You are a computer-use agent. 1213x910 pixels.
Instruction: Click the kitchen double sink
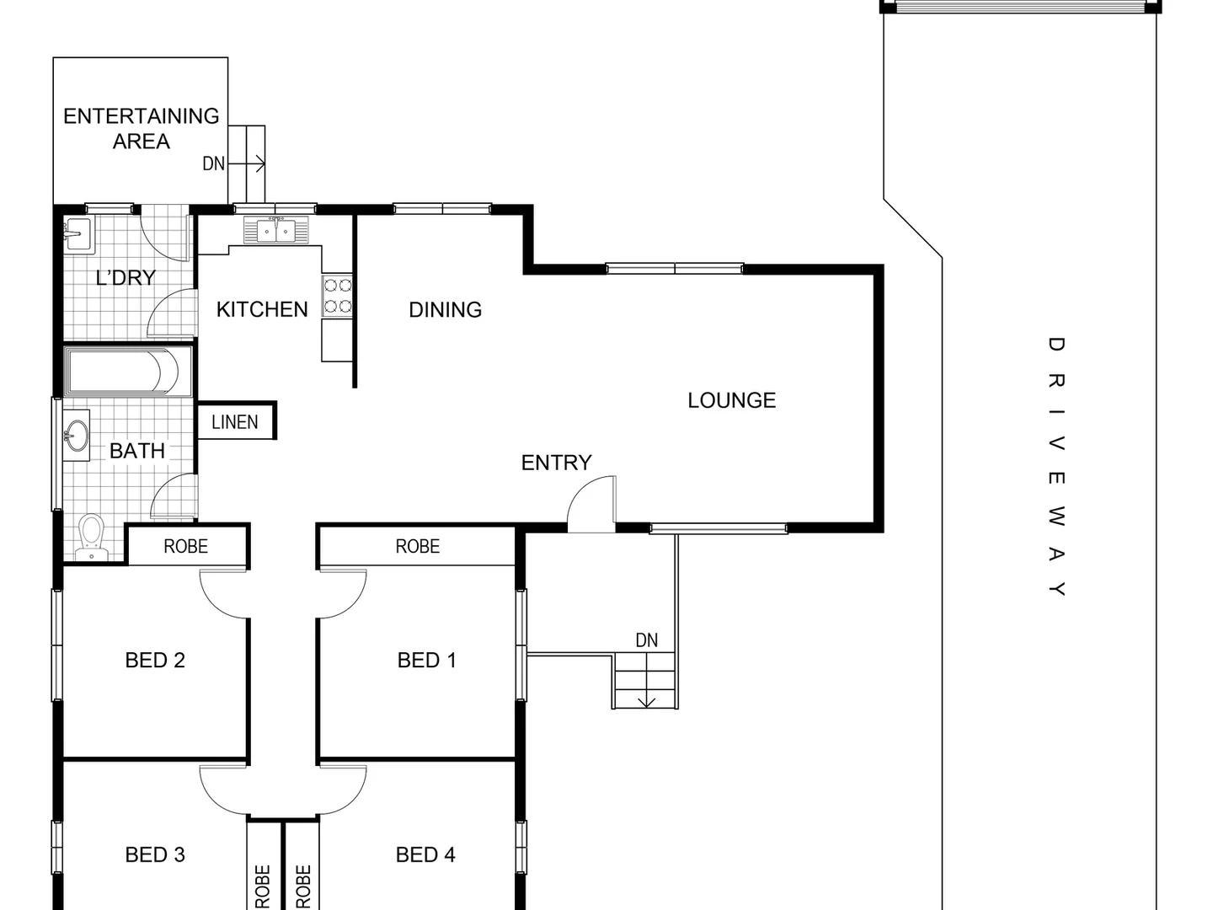[276, 229]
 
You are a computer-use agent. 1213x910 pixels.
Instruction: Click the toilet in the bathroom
[90, 536]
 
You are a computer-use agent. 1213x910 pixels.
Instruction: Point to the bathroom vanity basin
[77, 436]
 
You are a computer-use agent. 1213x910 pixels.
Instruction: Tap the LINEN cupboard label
[235, 422]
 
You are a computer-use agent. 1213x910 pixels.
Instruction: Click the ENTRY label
[556, 463]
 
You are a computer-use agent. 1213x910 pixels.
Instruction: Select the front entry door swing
[592, 504]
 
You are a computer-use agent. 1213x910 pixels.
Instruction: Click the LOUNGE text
[731, 400]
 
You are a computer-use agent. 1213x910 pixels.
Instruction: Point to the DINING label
[445, 310]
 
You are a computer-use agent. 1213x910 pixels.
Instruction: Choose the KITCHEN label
[262, 310]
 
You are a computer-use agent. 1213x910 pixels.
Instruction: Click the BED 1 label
[426, 661]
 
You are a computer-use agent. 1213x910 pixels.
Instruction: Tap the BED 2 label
[155, 661]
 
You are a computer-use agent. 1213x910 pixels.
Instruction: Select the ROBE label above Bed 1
[418, 547]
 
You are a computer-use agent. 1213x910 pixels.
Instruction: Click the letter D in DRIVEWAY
[1056, 344]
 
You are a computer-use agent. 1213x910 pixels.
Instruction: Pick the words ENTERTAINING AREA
[142, 128]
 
